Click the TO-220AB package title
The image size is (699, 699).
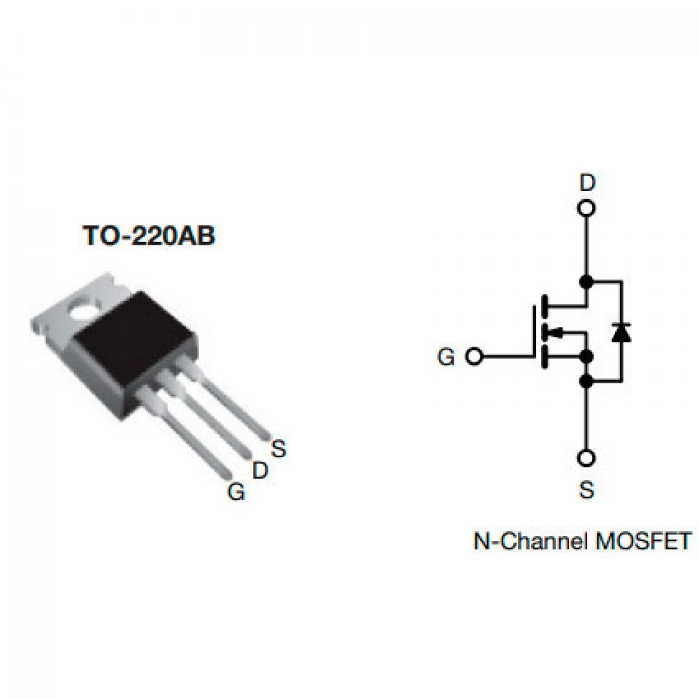coord(149,236)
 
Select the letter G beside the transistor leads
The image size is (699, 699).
coord(237,493)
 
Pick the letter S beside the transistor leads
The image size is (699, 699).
coord(279,449)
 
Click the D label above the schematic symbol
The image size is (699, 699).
coord(588,183)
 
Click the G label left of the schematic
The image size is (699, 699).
coord(446,357)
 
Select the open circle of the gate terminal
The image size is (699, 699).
coord(474,356)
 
